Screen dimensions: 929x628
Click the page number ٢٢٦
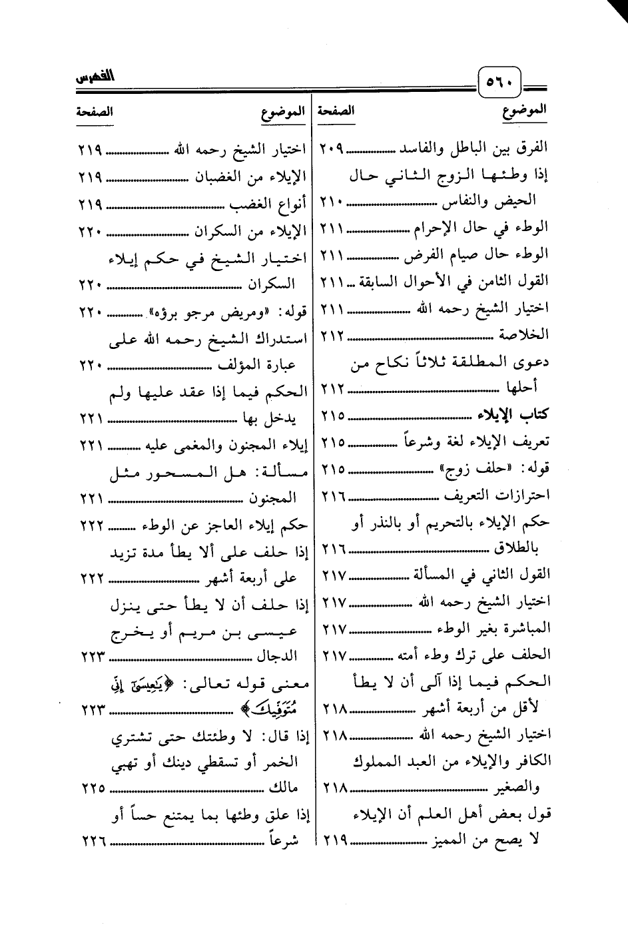click(x=94, y=842)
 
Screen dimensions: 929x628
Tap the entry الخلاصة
click(x=526, y=334)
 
